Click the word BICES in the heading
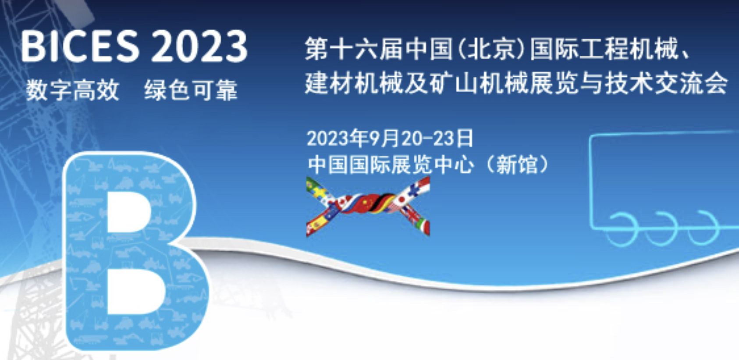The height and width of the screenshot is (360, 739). (x=80, y=46)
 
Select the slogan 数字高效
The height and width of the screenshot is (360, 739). (x=73, y=90)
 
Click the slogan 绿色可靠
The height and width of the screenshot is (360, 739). (x=191, y=90)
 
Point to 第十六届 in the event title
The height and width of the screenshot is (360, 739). (x=354, y=49)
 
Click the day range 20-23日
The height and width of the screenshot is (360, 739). (x=437, y=138)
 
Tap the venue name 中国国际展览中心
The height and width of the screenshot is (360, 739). (x=391, y=164)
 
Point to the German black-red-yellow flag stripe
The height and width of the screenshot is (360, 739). (x=383, y=203)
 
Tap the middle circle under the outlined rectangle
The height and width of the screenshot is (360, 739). (x=661, y=228)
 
